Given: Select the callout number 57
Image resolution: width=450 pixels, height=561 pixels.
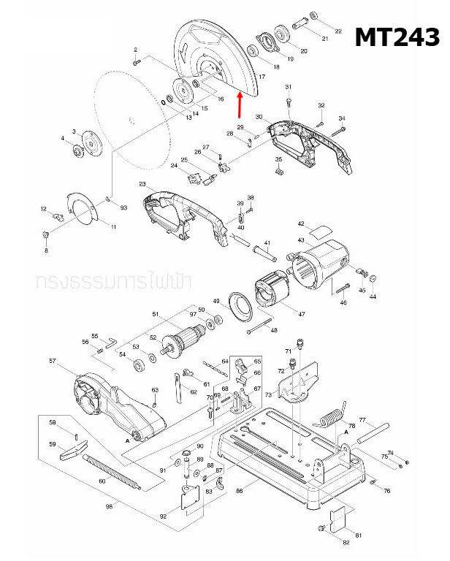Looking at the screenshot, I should pos(53,361).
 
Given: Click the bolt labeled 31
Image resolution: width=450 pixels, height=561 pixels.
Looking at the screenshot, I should pos(289,99).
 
